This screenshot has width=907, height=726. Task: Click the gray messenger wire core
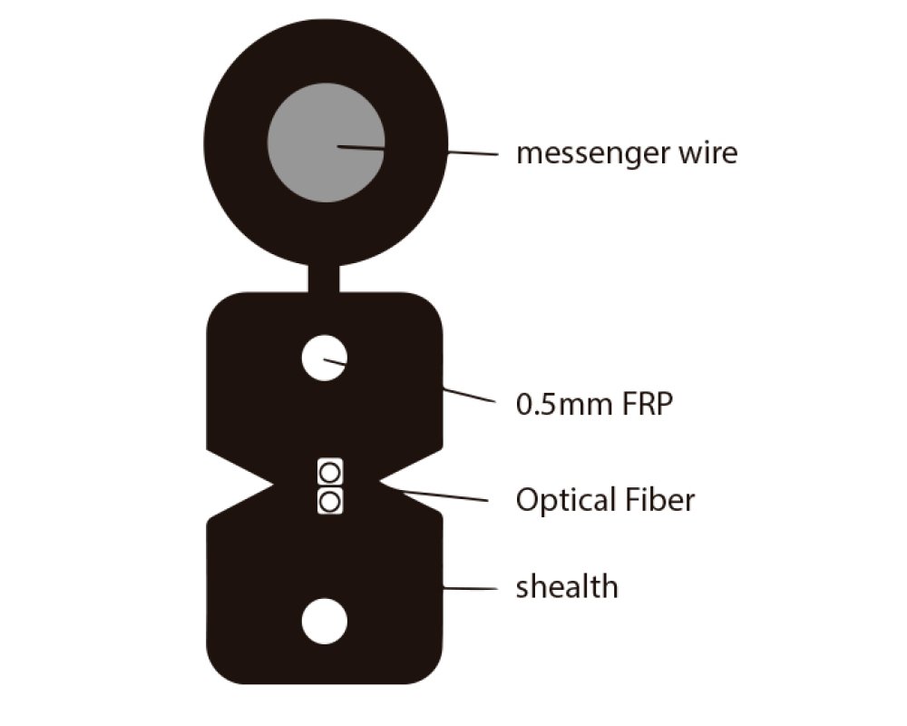tap(326, 142)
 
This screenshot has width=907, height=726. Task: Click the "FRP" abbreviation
tap(648, 404)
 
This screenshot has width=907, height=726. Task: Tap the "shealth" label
tap(567, 586)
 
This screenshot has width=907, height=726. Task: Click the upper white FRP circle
tap(325, 358)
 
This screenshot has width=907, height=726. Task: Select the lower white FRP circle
tap(325, 622)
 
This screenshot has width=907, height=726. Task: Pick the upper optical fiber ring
tap(330, 473)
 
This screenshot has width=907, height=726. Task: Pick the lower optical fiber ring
tap(330, 502)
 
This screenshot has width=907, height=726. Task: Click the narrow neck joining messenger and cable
tap(324, 279)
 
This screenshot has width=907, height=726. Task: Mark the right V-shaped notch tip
tap(379, 482)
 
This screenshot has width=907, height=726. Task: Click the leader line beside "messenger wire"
tap(473, 153)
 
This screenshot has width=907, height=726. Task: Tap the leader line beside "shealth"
tap(470, 589)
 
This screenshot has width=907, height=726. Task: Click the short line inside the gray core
tap(362, 148)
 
